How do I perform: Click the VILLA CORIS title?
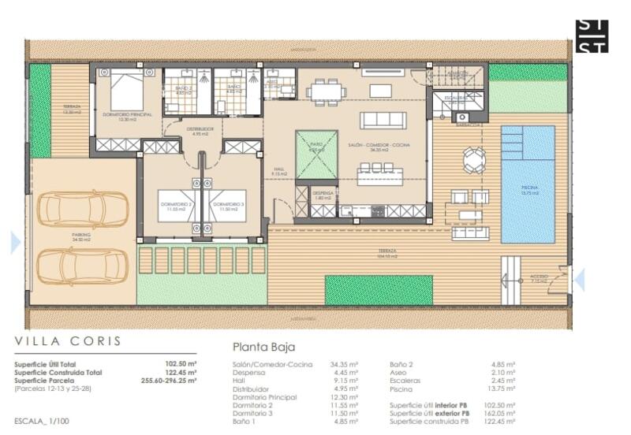69,341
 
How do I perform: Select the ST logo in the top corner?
592,36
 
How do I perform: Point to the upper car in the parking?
83,208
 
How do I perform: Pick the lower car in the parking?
83,266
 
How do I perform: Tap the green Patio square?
316,154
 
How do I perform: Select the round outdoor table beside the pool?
474,160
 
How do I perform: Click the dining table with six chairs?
327,91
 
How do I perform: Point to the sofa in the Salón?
383,120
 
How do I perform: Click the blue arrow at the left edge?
15,243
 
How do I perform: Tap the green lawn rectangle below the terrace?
379,290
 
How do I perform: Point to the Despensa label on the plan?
324,193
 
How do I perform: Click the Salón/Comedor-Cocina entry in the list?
272,364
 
